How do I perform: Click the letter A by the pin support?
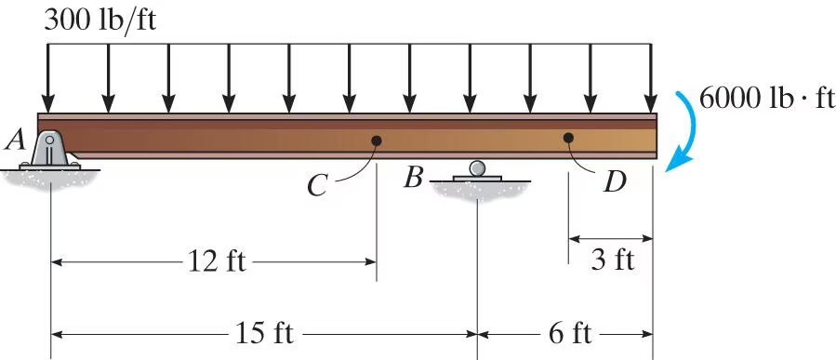coord(14,140)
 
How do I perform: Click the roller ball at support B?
coord(477,167)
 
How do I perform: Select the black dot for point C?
coord(377,141)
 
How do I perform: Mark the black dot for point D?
coord(568,138)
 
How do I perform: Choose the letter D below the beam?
coord(614,181)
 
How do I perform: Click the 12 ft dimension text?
coord(216,261)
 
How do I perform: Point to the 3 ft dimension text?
coord(612,260)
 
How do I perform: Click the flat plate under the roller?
coord(477,179)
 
